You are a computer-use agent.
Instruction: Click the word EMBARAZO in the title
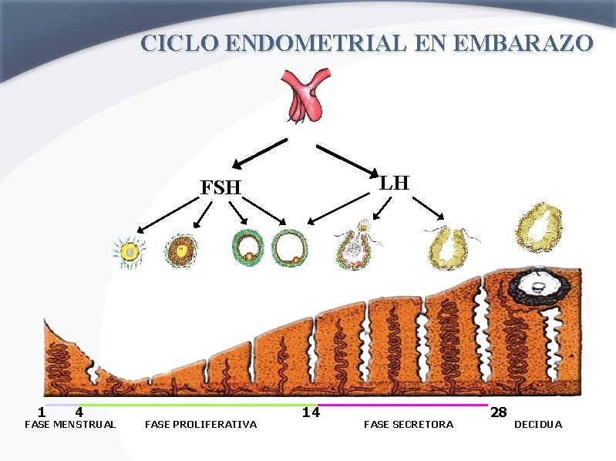click(524, 42)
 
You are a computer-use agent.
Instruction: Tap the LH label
click(394, 183)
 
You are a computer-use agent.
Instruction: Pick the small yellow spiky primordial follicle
click(130, 252)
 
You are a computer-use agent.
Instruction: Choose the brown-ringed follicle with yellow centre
click(180, 251)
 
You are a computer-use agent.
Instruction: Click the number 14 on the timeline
click(311, 412)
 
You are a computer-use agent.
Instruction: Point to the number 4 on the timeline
click(79, 412)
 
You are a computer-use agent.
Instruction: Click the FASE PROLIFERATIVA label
click(200, 425)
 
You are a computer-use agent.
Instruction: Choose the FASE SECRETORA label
click(409, 425)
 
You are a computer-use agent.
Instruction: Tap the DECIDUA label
click(538, 425)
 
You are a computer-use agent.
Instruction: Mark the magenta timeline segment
click(402, 404)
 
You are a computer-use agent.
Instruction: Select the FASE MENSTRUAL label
click(70, 425)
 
